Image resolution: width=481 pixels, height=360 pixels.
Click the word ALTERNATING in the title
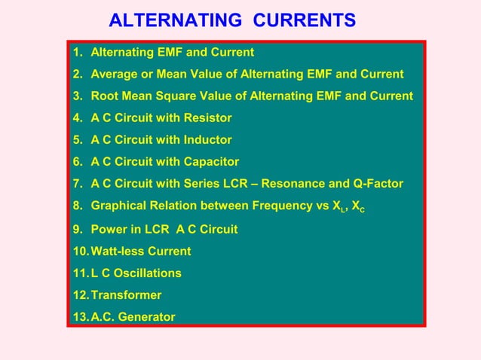tap(176, 20)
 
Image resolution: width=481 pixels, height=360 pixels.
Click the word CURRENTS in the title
tap(305, 20)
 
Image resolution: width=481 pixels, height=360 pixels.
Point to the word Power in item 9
tap(108, 229)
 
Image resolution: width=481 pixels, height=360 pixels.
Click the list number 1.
tap(77, 53)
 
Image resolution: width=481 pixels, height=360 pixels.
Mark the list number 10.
tap(81, 251)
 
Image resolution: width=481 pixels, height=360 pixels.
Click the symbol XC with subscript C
tap(358, 206)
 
